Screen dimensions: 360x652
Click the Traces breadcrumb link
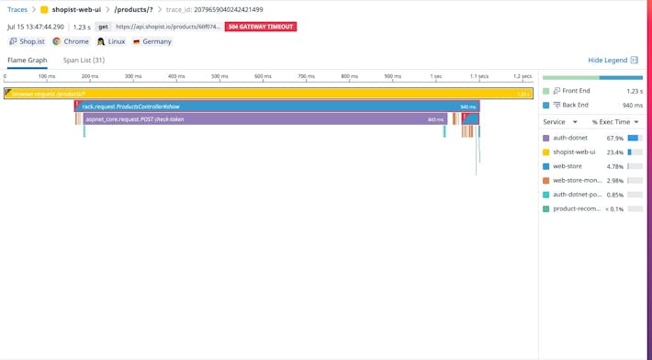17,9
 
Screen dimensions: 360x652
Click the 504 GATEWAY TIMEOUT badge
260,27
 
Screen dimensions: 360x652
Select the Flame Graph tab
28,61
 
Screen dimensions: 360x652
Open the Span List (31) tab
84,61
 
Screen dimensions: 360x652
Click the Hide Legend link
607,61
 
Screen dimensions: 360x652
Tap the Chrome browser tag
71,41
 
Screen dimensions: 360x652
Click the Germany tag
152,41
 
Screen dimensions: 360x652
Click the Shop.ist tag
28,41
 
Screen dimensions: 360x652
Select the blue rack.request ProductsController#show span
275,107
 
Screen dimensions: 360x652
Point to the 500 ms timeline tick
219,76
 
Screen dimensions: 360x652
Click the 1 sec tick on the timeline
435,76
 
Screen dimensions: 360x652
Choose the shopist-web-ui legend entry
573,152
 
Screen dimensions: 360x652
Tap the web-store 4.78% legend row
588,166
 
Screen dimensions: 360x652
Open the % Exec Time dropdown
615,122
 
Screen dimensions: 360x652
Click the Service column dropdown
559,122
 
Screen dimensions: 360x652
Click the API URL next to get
168,27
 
